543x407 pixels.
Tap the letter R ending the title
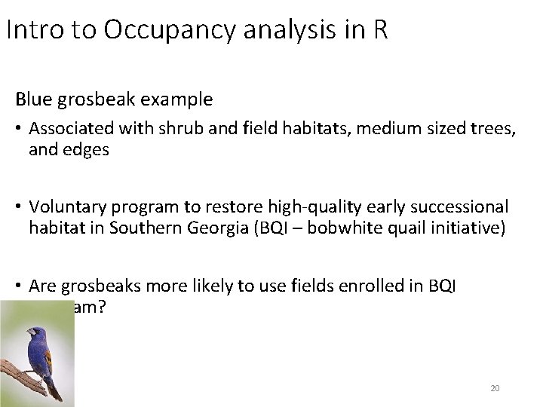(x=379, y=32)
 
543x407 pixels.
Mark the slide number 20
(x=495, y=387)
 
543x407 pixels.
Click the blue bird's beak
(x=25, y=331)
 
